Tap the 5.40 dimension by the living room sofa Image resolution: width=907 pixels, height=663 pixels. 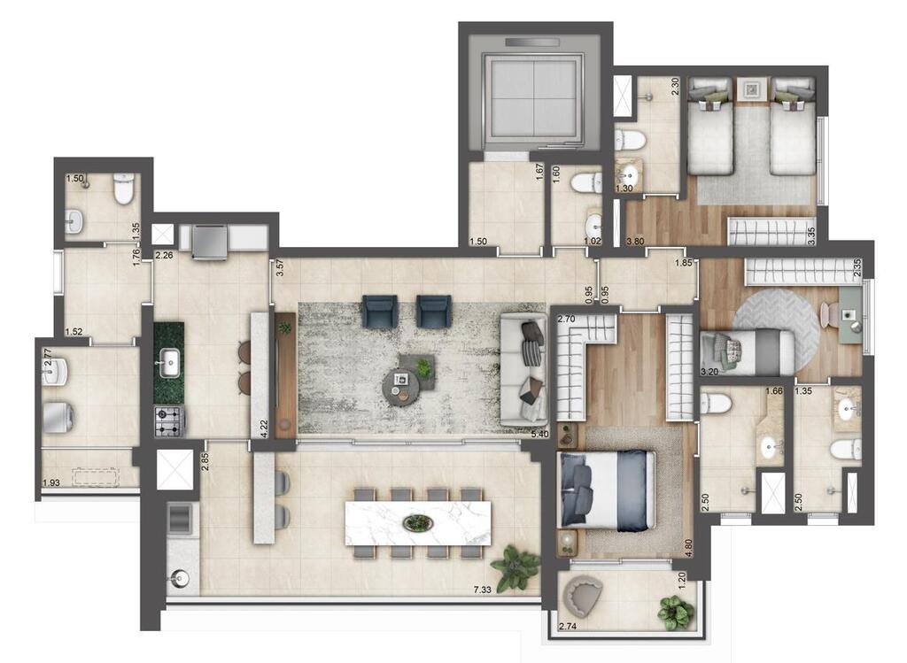[x=538, y=434]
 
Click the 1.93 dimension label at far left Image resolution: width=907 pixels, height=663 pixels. [x=51, y=482]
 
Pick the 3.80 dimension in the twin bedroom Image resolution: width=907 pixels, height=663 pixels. [x=634, y=240]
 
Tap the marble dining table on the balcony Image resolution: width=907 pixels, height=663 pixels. [x=417, y=523]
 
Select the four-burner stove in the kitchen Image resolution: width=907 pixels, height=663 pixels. [x=168, y=420]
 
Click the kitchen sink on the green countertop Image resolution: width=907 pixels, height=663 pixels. [x=168, y=360]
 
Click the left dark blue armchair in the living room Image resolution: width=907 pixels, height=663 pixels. [x=379, y=311]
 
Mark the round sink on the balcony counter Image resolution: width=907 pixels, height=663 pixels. [x=180, y=579]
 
